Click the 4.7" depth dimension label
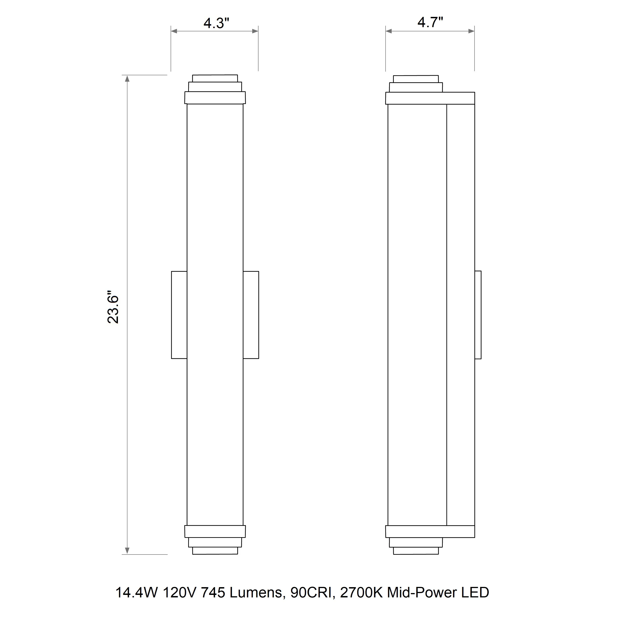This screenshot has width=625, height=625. [430, 23]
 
